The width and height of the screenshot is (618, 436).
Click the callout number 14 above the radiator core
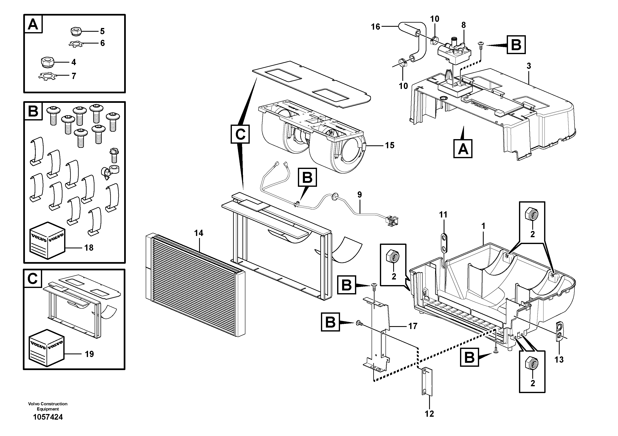[199, 233]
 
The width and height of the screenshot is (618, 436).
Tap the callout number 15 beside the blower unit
[389, 145]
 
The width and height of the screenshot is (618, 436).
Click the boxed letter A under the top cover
[463, 148]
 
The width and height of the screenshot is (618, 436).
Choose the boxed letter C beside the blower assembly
[240, 134]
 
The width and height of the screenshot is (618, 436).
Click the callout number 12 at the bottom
[429, 414]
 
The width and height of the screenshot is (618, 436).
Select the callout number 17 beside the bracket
[413, 326]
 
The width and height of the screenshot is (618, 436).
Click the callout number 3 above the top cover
[529, 66]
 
